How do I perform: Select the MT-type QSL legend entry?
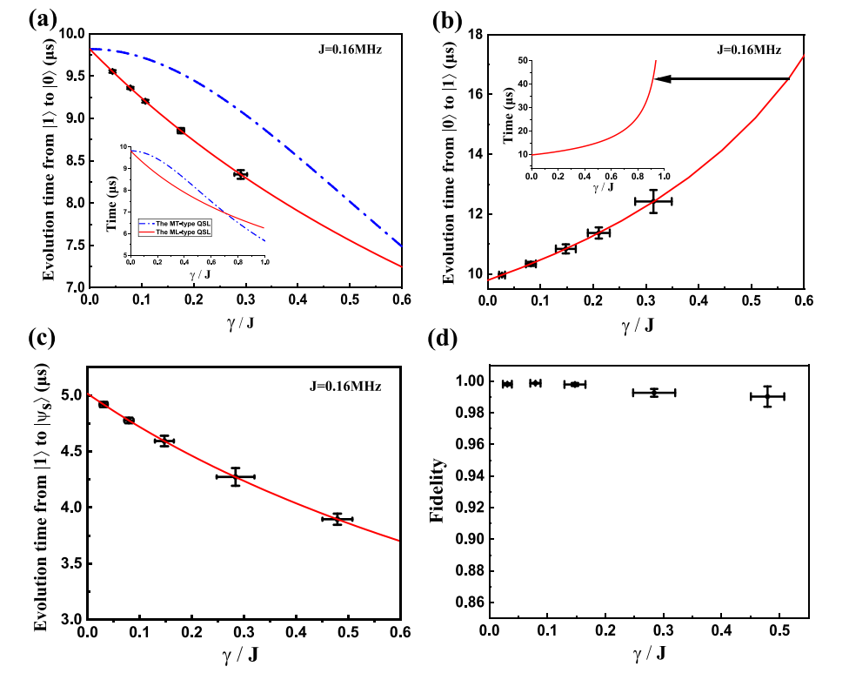pos(178,223)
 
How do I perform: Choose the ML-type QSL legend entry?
pos(178,232)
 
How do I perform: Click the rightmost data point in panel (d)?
pos(767,396)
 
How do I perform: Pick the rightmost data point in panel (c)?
pos(338,519)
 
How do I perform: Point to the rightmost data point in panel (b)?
pos(653,201)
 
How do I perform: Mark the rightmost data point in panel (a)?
pos(241,174)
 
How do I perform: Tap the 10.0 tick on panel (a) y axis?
pos(70,34)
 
